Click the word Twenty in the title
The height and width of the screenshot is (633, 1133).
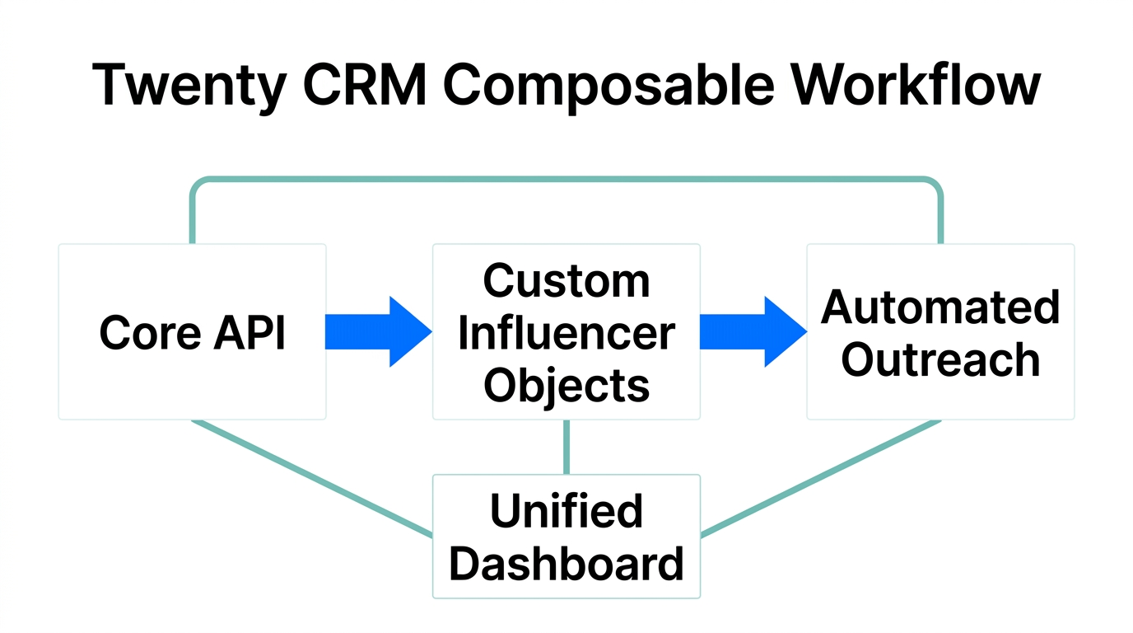[189, 85]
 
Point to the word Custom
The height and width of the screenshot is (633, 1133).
[566, 281]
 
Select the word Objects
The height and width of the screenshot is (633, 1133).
[566, 385]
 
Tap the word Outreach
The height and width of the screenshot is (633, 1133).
[940, 360]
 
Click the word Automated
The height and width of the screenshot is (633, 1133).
[940, 307]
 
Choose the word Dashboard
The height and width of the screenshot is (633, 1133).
[566, 564]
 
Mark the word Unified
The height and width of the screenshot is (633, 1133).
[566, 511]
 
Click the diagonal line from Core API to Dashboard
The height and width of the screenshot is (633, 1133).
[313, 478]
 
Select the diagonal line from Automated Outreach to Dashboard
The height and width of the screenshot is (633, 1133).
[820, 478]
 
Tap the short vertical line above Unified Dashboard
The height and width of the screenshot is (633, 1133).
[566, 447]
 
